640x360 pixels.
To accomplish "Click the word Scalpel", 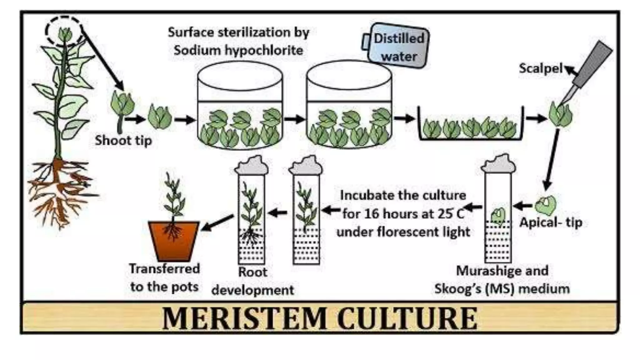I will point(541,68).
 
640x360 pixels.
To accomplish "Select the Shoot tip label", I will point(123,140).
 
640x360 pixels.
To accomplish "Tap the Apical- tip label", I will point(551,222).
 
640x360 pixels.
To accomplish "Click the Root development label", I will point(252,281).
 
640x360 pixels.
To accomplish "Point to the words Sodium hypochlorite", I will point(238,50).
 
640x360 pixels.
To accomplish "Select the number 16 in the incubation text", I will point(372,214).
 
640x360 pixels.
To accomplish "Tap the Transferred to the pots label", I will point(164,277).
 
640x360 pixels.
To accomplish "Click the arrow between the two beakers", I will point(295,119).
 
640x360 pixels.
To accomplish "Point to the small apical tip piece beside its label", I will point(545,205).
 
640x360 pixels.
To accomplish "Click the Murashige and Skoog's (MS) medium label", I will point(502,280).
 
